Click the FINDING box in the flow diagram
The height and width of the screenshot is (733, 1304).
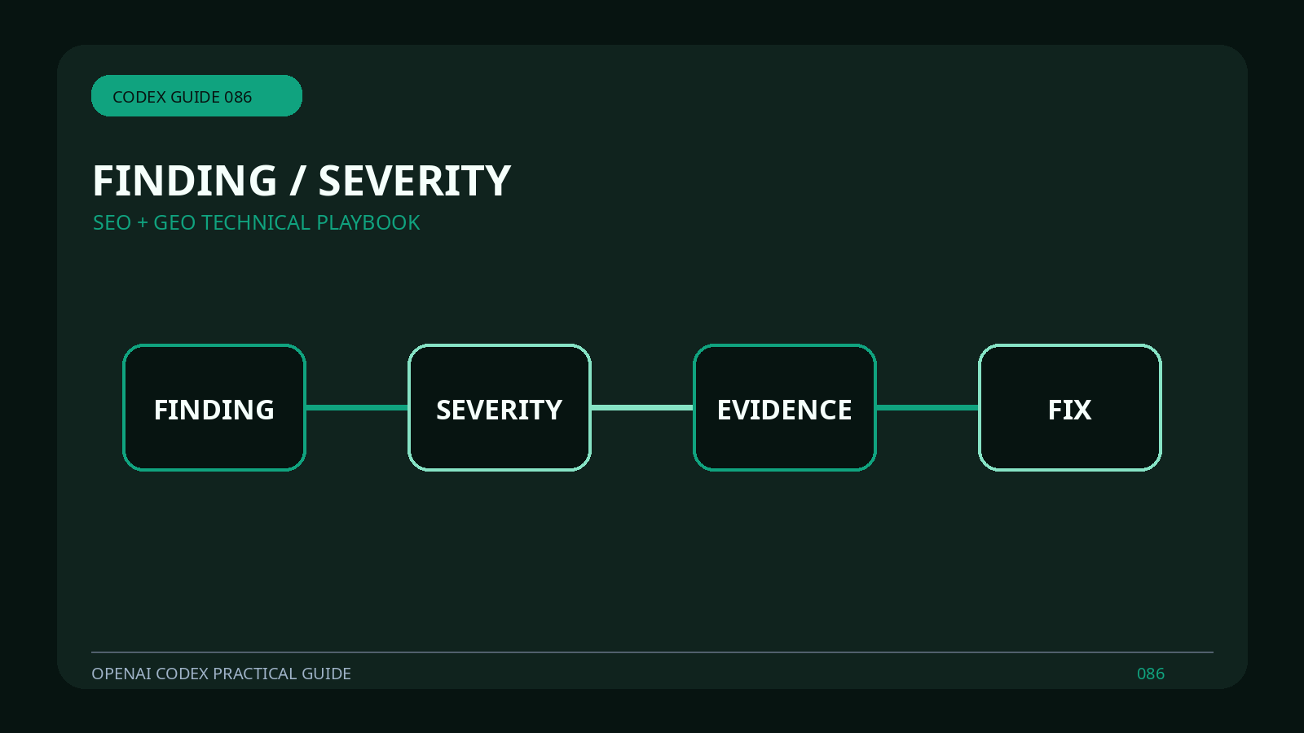click(x=214, y=407)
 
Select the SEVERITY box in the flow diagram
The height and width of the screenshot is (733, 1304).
click(x=500, y=407)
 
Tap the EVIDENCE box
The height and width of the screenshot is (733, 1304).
click(x=785, y=407)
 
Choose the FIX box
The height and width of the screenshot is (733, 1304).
click(x=1070, y=407)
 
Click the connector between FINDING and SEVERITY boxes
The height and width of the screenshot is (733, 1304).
click(x=357, y=408)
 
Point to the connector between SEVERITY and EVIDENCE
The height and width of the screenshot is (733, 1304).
click(x=642, y=408)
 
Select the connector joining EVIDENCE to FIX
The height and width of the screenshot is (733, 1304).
click(x=927, y=408)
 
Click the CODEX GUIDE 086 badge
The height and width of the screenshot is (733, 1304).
click(x=196, y=95)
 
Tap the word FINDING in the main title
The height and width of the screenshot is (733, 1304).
click(x=184, y=181)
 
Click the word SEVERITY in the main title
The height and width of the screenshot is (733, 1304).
click(x=415, y=181)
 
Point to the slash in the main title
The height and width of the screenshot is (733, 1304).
click(x=297, y=181)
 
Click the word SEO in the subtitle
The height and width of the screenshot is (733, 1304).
click(x=112, y=223)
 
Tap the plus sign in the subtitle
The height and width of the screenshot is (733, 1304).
click(x=143, y=223)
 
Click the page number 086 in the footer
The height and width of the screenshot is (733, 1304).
click(x=1151, y=674)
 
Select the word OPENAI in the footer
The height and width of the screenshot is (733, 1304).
click(x=121, y=674)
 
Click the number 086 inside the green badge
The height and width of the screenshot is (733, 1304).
click(x=238, y=97)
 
